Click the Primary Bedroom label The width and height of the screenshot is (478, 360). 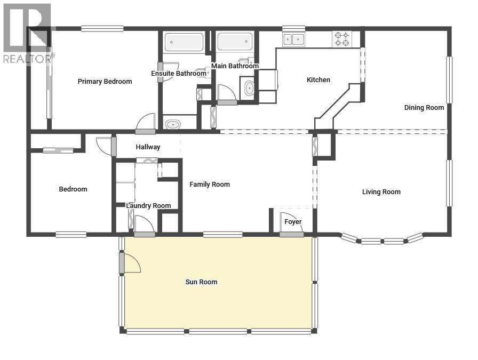(x=105, y=82)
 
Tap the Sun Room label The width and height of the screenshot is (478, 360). (x=201, y=282)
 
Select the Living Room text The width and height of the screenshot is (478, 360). (x=381, y=192)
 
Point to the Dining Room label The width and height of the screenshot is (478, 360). (x=424, y=108)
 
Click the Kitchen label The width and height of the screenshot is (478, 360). (x=318, y=80)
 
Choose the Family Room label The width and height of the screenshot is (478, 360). (x=210, y=185)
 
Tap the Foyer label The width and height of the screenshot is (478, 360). (x=292, y=222)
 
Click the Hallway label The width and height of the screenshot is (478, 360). (x=148, y=147)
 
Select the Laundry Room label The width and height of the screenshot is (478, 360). (x=148, y=206)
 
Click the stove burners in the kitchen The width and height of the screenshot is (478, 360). (x=341, y=39)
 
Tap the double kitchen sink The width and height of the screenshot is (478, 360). (x=293, y=39)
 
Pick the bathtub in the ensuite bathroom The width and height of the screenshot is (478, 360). (x=184, y=42)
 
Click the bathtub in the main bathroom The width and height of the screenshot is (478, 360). (x=235, y=42)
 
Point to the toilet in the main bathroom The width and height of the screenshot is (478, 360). (x=249, y=88)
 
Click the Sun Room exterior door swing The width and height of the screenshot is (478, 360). (x=131, y=262)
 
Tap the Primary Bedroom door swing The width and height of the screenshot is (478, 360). (x=146, y=122)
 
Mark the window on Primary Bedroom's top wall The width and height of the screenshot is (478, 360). (x=102, y=29)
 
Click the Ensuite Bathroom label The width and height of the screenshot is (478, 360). (x=178, y=74)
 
